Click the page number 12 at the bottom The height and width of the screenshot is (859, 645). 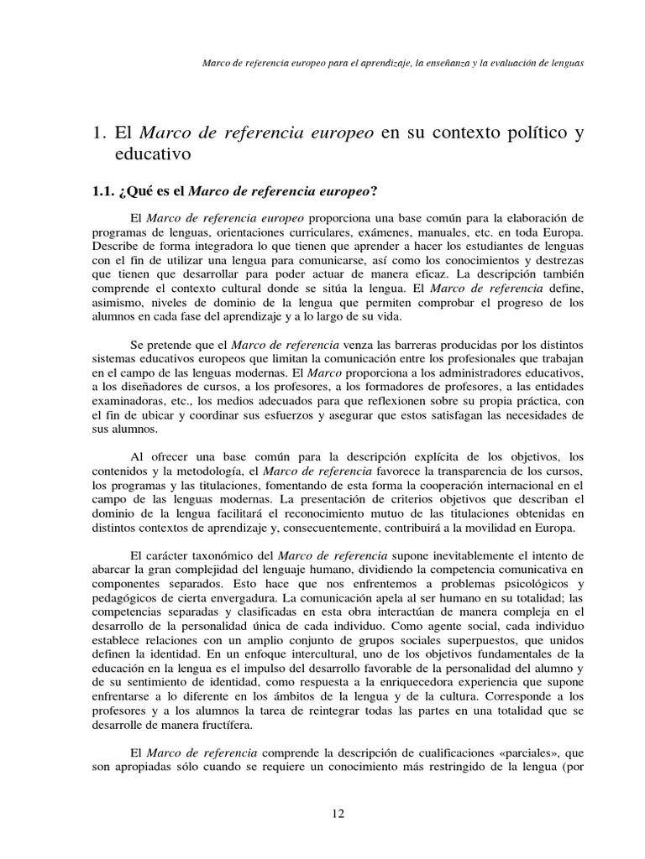[338, 813]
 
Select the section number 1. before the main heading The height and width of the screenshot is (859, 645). [98, 133]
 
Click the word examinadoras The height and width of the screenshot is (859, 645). [128, 401]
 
